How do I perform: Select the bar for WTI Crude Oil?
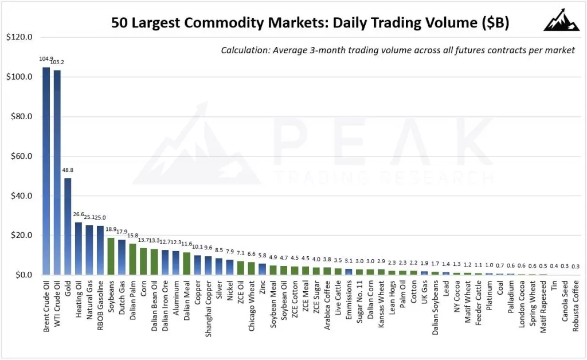coord(57,173)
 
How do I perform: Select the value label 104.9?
coord(46,59)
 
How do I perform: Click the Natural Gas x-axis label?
coord(89,303)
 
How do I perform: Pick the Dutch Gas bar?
coord(122,257)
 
